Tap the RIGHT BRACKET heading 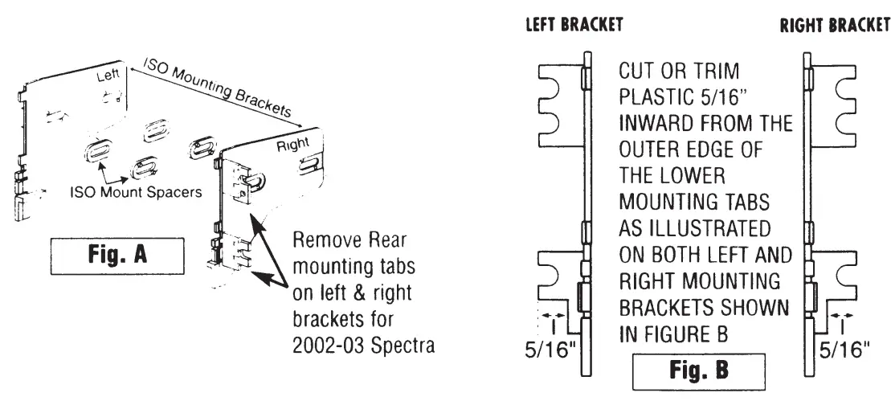tap(833, 25)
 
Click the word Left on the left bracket tap(108, 78)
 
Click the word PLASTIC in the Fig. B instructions tap(651, 99)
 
